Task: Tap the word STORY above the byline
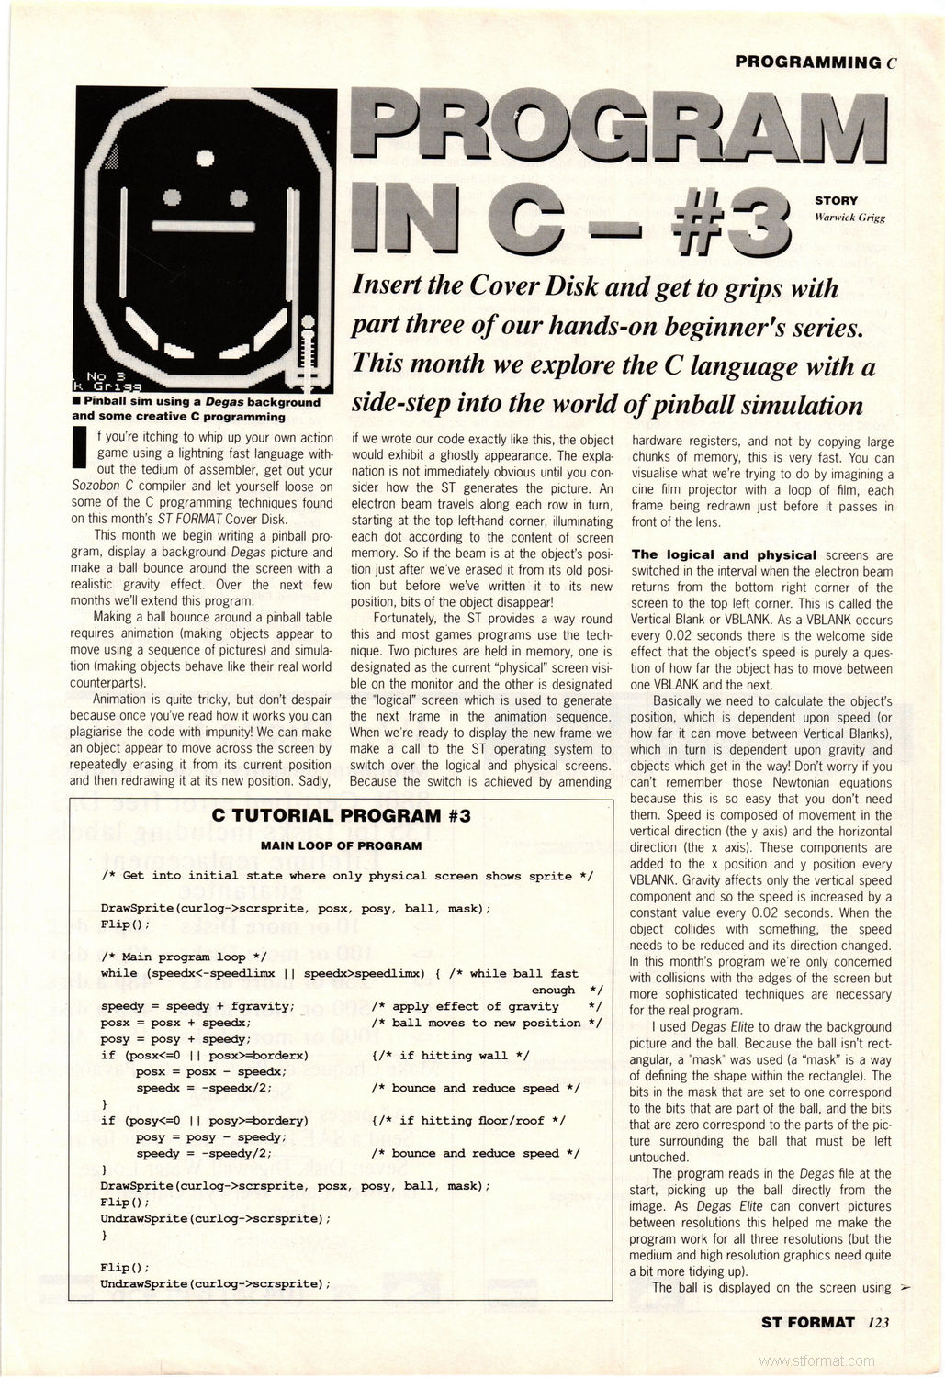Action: click(x=836, y=200)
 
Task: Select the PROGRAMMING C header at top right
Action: click(x=816, y=62)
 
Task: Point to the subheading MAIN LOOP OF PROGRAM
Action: click(x=341, y=845)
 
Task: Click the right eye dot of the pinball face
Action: click(x=238, y=196)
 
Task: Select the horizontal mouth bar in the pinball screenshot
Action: click(x=204, y=226)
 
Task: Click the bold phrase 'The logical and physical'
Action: click(x=724, y=554)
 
